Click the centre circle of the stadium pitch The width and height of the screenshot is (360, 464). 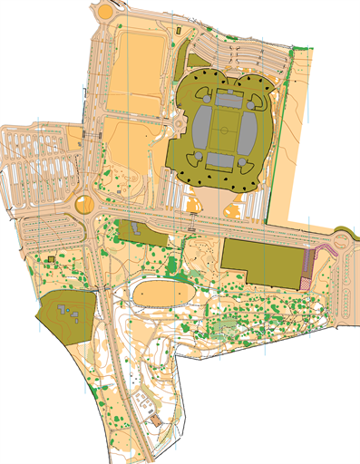click(223, 130)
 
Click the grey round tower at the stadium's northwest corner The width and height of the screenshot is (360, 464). click(199, 90)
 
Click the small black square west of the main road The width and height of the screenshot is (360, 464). click(51, 259)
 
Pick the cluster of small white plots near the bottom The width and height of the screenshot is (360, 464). click(142, 400)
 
